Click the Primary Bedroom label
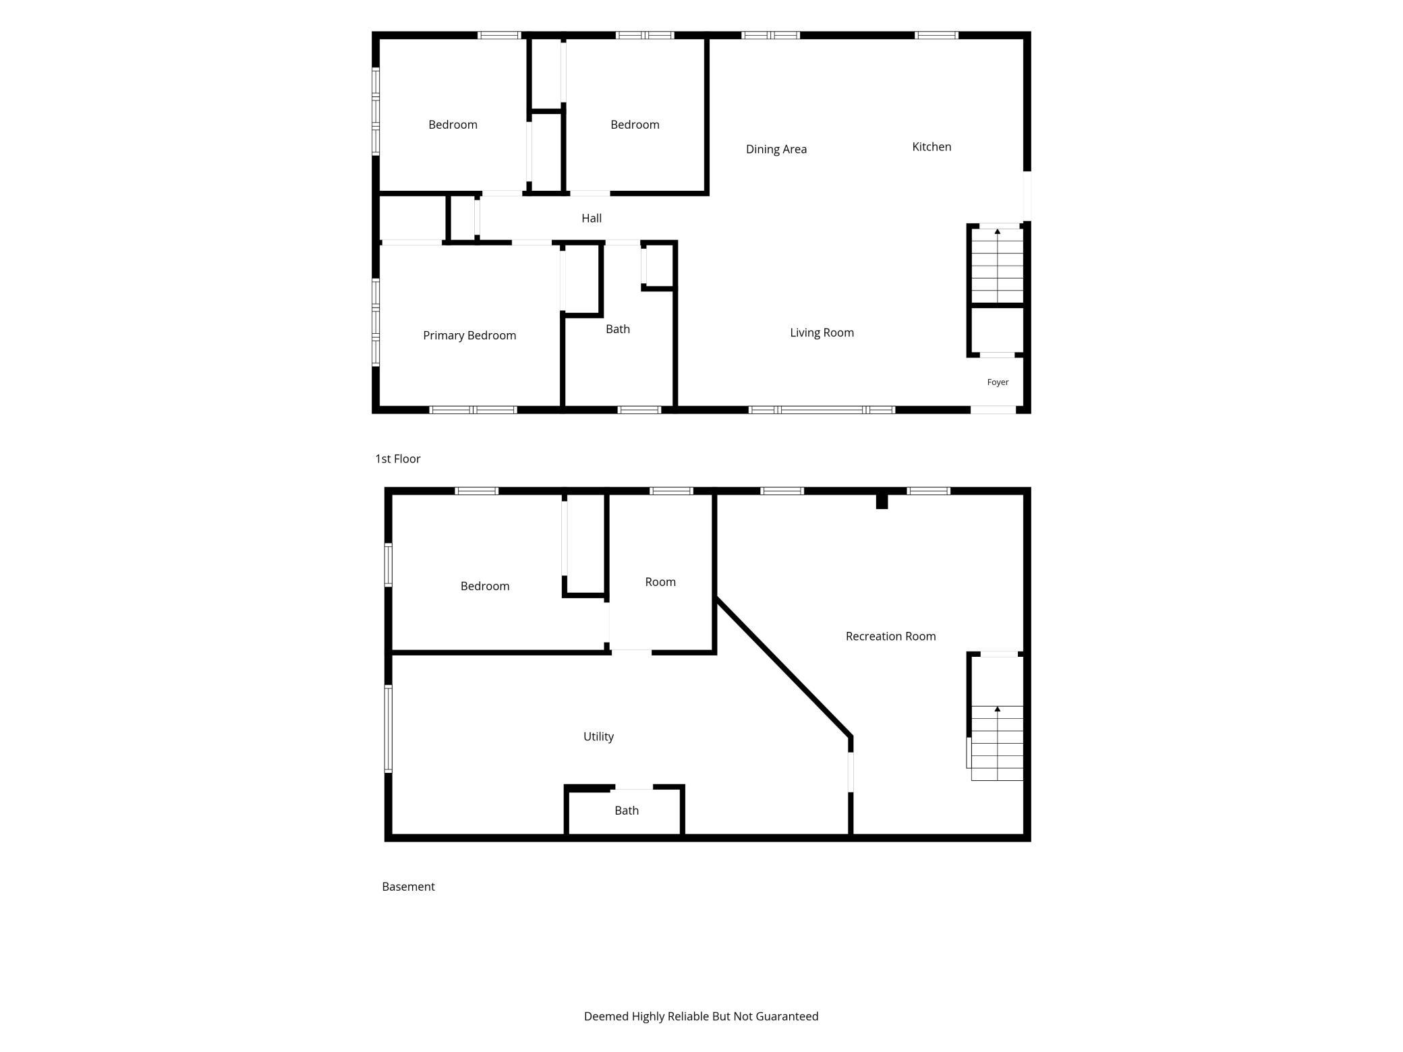[469, 335]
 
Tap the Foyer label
[998, 382]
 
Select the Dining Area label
[776, 149]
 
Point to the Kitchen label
[932, 146]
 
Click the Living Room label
[822, 332]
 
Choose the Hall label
[592, 218]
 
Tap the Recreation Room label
[890, 636]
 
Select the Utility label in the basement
[598, 736]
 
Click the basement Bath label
[627, 811]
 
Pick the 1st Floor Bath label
[618, 329]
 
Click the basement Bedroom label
[485, 586]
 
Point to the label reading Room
[660, 582]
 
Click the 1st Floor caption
[398, 459]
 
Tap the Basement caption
[408, 887]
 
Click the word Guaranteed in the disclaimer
[786, 1016]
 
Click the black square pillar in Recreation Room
[882, 502]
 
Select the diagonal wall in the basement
[783, 666]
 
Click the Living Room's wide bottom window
[822, 410]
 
